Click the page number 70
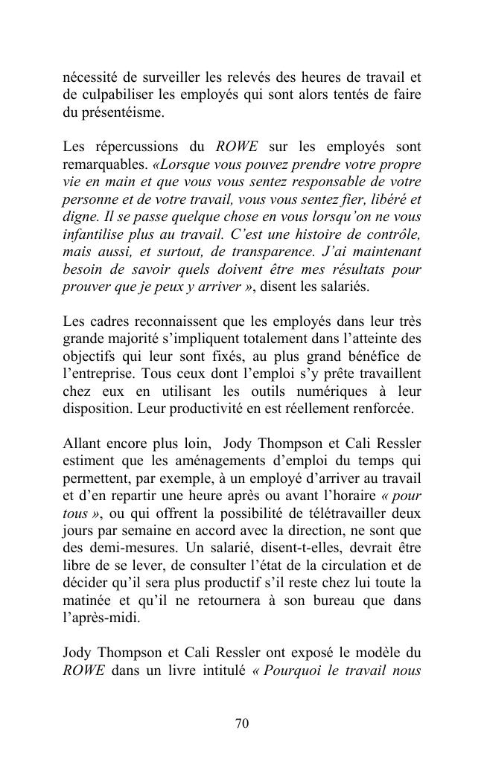241,723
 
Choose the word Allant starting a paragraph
80,444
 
